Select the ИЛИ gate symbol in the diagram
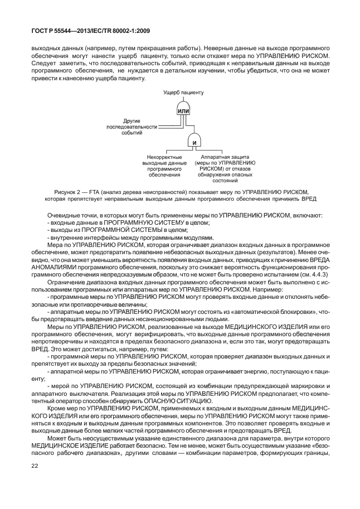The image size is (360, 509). (x=183, y=112)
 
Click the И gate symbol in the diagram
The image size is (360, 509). (x=194, y=143)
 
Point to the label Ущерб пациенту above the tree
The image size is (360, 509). (x=183, y=93)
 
